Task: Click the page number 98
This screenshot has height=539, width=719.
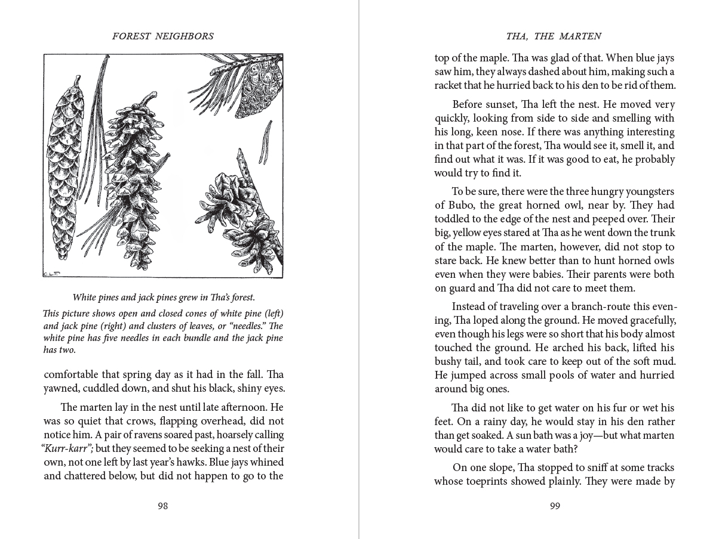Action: coord(162,506)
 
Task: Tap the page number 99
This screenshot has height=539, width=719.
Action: coord(555,506)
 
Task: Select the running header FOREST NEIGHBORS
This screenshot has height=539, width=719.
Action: coord(163,36)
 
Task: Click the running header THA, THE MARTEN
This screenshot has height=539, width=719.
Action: coord(554,36)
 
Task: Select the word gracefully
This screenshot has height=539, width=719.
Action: coord(650,321)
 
